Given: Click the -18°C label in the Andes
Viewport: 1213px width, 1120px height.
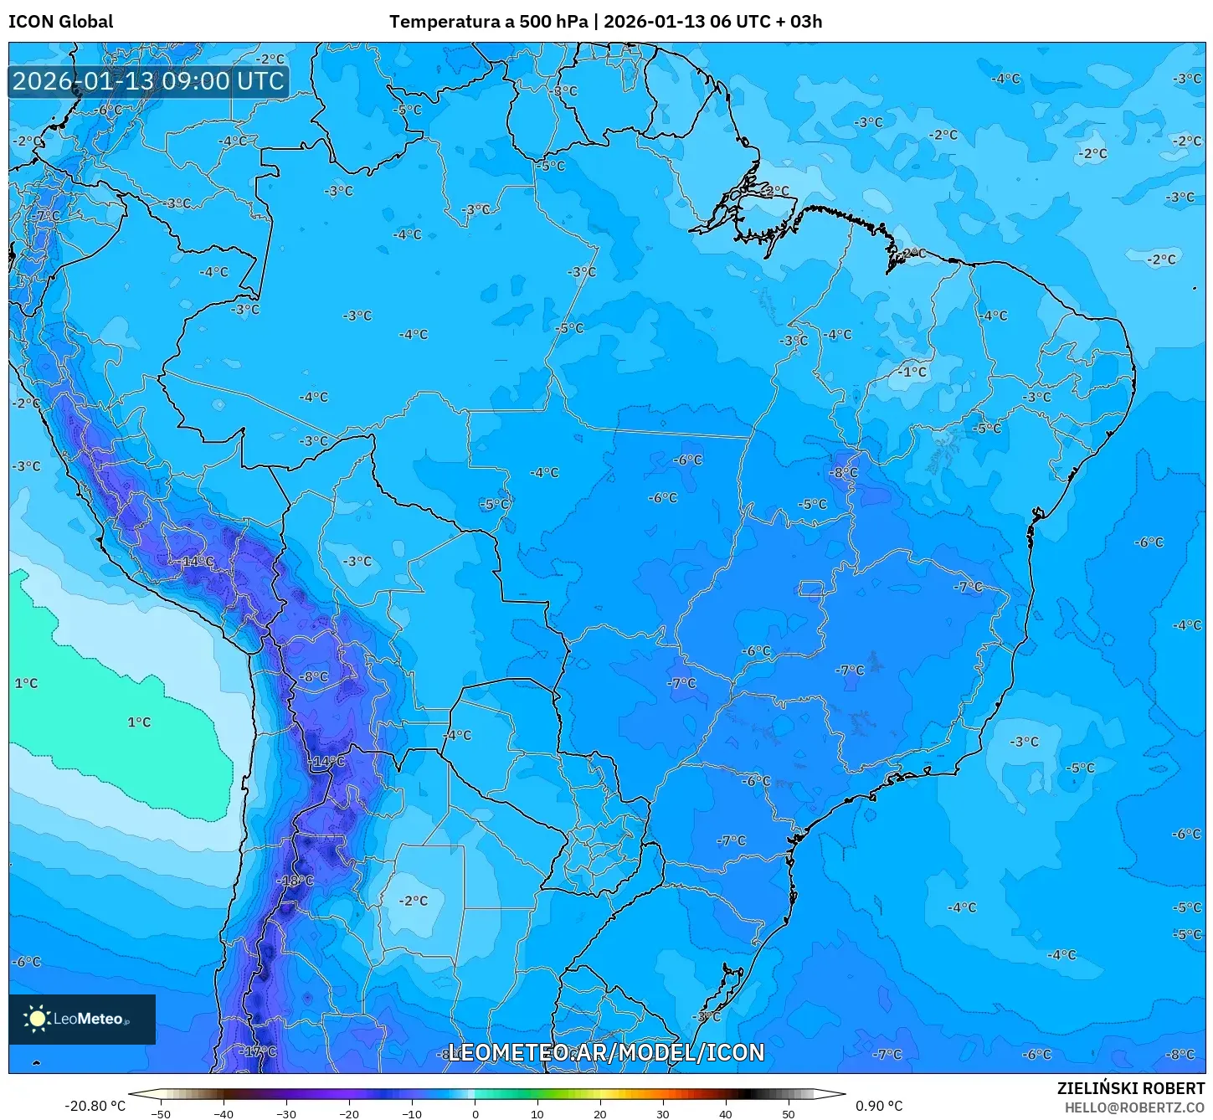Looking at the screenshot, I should (x=297, y=881).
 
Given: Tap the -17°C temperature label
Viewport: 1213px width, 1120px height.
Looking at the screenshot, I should (x=260, y=1051).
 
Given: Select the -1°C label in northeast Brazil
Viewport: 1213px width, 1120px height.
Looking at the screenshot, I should (x=912, y=372).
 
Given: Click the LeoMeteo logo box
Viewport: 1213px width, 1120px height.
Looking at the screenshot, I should (x=82, y=1019).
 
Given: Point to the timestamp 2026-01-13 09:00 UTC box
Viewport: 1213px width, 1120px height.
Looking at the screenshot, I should (x=149, y=81).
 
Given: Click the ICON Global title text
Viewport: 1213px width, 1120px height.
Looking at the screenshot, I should (x=61, y=22).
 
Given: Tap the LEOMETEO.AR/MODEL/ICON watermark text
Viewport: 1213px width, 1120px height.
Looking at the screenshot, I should (x=606, y=1052).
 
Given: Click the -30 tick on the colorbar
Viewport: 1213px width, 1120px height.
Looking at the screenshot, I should (x=286, y=1113).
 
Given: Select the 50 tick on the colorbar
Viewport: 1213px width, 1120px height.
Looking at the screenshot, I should (x=788, y=1113).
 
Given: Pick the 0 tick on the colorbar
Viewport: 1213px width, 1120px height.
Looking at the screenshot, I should (x=475, y=1113).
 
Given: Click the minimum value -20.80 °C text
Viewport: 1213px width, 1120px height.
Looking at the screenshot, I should (x=95, y=1106).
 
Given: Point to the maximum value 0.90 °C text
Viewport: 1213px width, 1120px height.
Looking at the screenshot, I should (x=879, y=1106).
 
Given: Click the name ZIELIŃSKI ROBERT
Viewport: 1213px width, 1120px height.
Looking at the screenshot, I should (x=1130, y=1088).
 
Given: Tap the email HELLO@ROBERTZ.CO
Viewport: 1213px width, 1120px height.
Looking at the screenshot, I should (x=1134, y=1107).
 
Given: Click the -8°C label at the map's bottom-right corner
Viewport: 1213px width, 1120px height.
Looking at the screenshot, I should (x=1181, y=1054).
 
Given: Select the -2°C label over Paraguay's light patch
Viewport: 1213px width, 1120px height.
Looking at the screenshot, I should (x=414, y=901).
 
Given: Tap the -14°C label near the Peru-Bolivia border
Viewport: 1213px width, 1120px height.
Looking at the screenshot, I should (x=198, y=561).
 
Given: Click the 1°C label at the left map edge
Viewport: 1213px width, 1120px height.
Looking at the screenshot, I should (x=26, y=683).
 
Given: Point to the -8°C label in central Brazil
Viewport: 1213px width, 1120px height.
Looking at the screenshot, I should (x=844, y=472).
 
